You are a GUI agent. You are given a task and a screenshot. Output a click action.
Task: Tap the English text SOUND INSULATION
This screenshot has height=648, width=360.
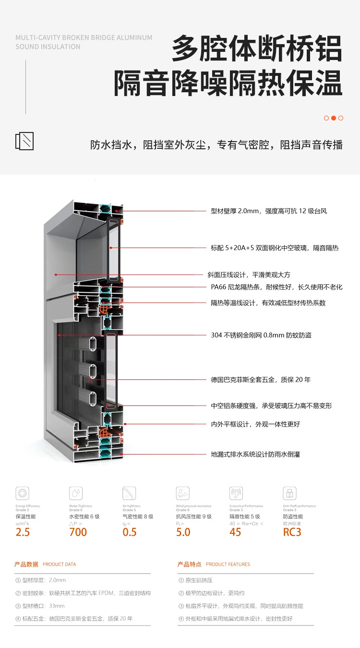(x=48, y=47)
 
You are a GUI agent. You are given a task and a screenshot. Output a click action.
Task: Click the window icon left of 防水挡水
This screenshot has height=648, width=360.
(x=24, y=141)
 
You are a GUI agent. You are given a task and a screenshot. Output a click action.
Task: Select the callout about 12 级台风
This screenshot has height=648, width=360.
(x=269, y=211)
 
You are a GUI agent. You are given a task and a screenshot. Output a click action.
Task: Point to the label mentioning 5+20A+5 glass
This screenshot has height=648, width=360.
(x=275, y=248)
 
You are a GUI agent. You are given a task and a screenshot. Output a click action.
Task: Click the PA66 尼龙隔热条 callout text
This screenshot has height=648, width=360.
(x=276, y=287)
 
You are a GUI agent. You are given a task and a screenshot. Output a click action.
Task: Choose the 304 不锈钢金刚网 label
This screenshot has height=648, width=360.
(x=261, y=335)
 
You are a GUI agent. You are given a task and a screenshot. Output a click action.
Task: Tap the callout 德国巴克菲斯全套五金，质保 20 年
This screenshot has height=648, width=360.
(x=261, y=380)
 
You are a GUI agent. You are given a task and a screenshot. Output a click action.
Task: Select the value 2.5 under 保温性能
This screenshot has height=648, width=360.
(x=23, y=532)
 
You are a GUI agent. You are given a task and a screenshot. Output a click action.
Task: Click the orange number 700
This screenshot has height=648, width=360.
(x=78, y=532)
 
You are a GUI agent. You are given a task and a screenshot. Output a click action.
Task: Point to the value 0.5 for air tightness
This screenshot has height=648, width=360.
(x=130, y=532)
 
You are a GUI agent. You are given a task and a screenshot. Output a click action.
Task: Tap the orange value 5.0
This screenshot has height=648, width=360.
(x=183, y=532)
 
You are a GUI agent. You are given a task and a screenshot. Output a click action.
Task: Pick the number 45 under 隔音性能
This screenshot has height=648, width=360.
(x=235, y=532)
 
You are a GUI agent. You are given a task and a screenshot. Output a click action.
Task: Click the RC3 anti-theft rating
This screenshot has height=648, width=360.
(x=292, y=532)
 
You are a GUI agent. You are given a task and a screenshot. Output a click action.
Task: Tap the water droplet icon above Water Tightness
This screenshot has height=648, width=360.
(x=76, y=493)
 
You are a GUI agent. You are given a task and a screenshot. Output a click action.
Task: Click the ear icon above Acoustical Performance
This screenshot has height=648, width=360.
(x=236, y=493)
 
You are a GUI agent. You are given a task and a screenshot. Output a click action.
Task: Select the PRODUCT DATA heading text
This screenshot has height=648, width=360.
(x=59, y=564)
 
